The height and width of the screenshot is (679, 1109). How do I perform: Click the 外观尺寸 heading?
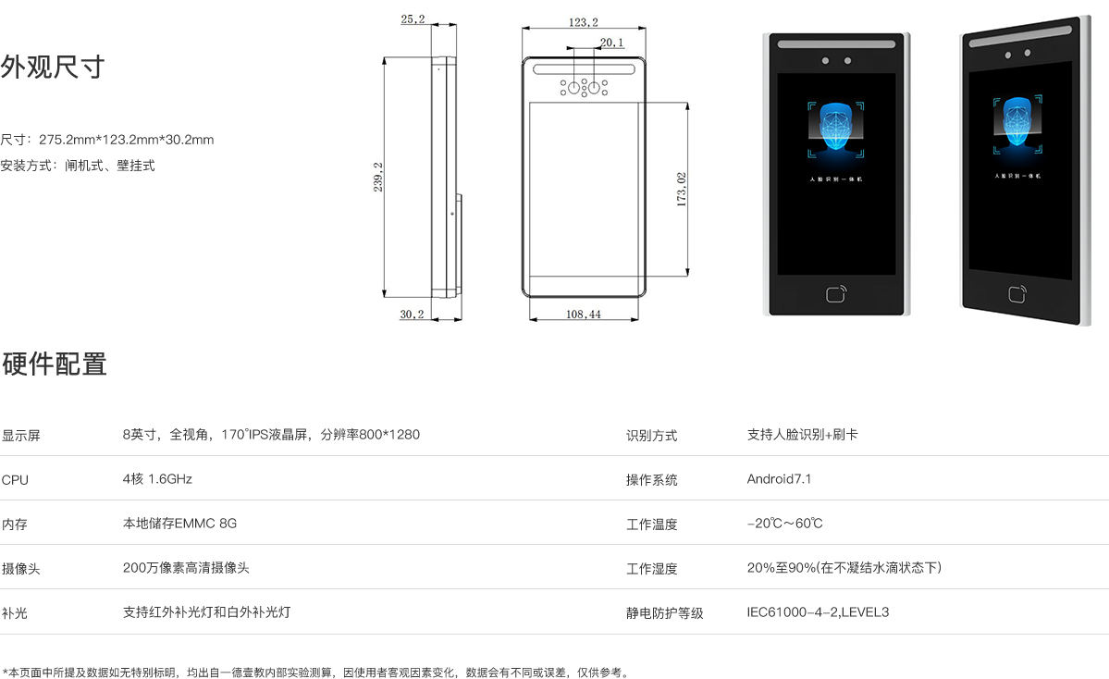pyautogui.click(x=53, y=68)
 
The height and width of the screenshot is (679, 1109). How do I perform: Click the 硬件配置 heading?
pyautogui.click(x=54, y=364)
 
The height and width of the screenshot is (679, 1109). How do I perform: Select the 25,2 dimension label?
pyautogui.click(x=413, y=19)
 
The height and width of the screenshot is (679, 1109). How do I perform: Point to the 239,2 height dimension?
pyautogui.click(x=378, y=178)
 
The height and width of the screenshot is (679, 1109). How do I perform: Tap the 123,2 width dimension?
pyautogui.click(x=584, y=22)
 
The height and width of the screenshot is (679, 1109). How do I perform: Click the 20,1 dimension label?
pyautogui.click(x=611, y=43)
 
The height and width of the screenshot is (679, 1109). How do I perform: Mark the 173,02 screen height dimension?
pyautogui.click(x=682, y=190)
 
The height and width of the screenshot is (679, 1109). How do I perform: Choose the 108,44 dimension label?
pyautogui.click(x=583, y=315)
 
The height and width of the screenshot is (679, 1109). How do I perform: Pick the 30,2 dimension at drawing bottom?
pyautogui.click(x=412, y=315)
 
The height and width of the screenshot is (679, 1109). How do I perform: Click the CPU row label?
pyautogui.click(x=15, y=480)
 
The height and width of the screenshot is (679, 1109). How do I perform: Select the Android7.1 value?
pyautogui.click(x=779, y=479)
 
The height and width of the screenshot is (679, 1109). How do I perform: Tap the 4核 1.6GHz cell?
pyautogui.click(x=157, y=479)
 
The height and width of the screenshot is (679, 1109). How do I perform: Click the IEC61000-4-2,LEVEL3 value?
pyautogui.click(x=818, y=612)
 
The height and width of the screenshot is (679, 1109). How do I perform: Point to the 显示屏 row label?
pyautogui.click(x=20, y=436)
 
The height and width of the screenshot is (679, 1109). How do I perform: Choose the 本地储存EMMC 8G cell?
pyautogui.click(x=179, y=524)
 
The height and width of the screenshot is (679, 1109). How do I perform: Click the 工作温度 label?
pyautogui.click(x=651, y=525)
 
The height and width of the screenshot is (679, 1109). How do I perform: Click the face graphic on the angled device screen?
pyautogui.click(x=1019, y=123)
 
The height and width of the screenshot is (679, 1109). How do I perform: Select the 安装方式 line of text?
pyautogui.click(x=78, y=166)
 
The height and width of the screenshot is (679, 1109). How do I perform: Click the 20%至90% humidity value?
pyautogui.click(x=844, y=568)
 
